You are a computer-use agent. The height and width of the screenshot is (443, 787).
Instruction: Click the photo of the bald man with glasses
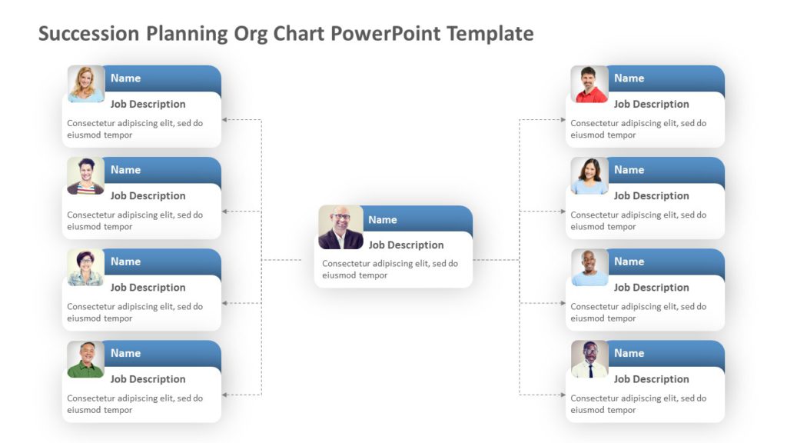[x=340, y=227]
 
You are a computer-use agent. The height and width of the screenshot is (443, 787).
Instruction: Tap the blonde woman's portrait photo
[x=86, y=84]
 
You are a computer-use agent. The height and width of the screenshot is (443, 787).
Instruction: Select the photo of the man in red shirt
[x=589, y=84]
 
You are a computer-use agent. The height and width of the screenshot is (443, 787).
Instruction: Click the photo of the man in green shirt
[x=86, y=359]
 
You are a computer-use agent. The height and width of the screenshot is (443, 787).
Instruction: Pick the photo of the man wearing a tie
[x=589, y=359]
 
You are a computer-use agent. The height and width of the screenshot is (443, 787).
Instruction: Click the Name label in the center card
[x=383, y=220]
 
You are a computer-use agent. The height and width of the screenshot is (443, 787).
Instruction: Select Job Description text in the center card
[x=406, y=245]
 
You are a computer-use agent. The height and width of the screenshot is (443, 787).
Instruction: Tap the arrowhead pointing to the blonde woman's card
[x=224, y=120]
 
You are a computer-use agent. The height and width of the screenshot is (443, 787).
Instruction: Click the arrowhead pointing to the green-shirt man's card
[x=224, y=395]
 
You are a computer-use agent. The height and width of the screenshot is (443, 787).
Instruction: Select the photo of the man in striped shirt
[x=86, y=176]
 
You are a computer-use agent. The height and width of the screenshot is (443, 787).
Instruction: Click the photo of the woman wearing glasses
[x=86, y=268]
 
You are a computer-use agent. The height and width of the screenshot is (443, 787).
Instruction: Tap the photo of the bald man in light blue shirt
[x=589, y=268]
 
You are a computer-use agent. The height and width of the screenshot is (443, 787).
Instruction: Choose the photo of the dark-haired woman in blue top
[x=589, y=176]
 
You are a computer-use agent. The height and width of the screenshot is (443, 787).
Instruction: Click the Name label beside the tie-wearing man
[x=629, y=354]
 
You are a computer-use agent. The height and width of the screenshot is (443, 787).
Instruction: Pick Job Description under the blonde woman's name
[x=148, y=105]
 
